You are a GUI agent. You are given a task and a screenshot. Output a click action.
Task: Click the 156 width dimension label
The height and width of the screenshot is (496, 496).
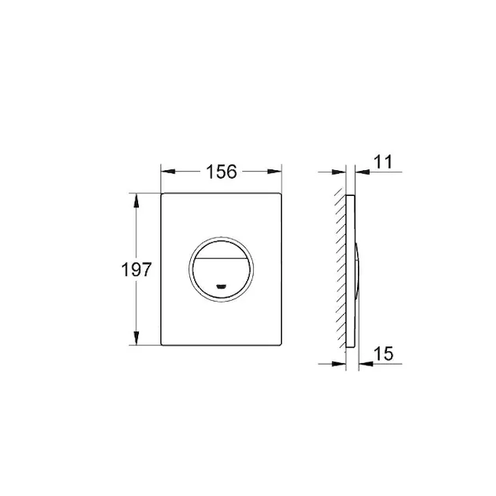coord(221,172)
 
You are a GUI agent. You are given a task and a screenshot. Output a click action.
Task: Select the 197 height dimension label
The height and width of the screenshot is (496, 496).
coord(136,269)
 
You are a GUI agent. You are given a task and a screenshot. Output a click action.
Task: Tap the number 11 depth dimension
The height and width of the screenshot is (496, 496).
coord(383,162)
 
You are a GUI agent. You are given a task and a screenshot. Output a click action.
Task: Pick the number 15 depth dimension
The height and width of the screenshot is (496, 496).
coord(384,353)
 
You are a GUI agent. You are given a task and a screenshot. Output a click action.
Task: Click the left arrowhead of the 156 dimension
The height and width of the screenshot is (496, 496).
coord(168,171)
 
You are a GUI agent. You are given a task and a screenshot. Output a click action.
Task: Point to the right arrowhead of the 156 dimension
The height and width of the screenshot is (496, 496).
coord(274,171)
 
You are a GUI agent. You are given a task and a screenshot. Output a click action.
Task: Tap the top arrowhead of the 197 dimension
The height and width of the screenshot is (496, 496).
coord(136,201)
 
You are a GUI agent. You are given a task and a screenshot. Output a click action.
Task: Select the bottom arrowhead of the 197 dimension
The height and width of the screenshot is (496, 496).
coord(136,338)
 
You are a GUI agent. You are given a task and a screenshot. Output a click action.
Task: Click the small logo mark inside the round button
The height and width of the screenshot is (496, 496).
coord(221,287)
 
